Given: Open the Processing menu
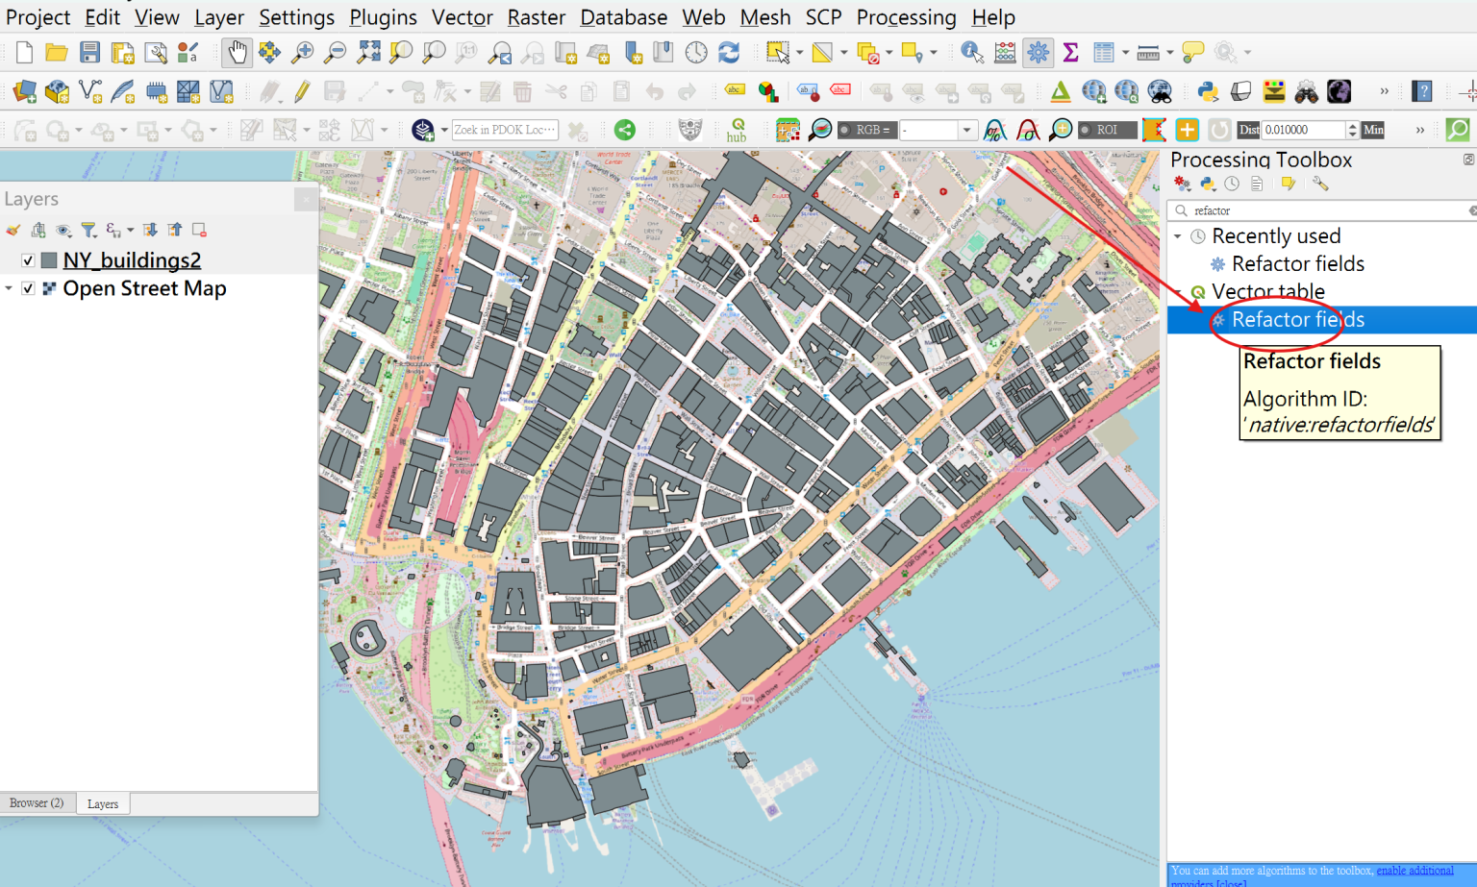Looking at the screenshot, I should point(906,17).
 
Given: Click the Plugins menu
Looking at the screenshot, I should point(383,17).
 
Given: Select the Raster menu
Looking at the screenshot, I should point(536,17).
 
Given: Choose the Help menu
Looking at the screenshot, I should point(992,17).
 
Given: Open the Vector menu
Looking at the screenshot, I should point(462,17).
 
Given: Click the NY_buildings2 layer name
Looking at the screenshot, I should point(132,260).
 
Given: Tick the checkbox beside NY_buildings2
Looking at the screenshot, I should point(28,260).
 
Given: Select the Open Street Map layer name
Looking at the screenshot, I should point(144,288).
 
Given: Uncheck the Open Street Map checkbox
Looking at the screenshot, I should point(28,288).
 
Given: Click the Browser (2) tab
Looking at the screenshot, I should point(37,803).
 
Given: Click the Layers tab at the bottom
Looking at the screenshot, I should point(102,804).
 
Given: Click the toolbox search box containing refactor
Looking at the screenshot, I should point(1327,210).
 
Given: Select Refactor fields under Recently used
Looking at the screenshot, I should point(1297,263).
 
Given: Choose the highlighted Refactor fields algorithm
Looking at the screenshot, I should point(1297,320).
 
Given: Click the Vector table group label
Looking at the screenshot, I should point(1267,291).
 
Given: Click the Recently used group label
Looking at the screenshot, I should point(1275,235).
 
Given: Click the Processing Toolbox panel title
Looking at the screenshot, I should point(1261,160).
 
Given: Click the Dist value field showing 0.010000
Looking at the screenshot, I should point(1302,130).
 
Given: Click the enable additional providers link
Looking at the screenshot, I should point(1414,871).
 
